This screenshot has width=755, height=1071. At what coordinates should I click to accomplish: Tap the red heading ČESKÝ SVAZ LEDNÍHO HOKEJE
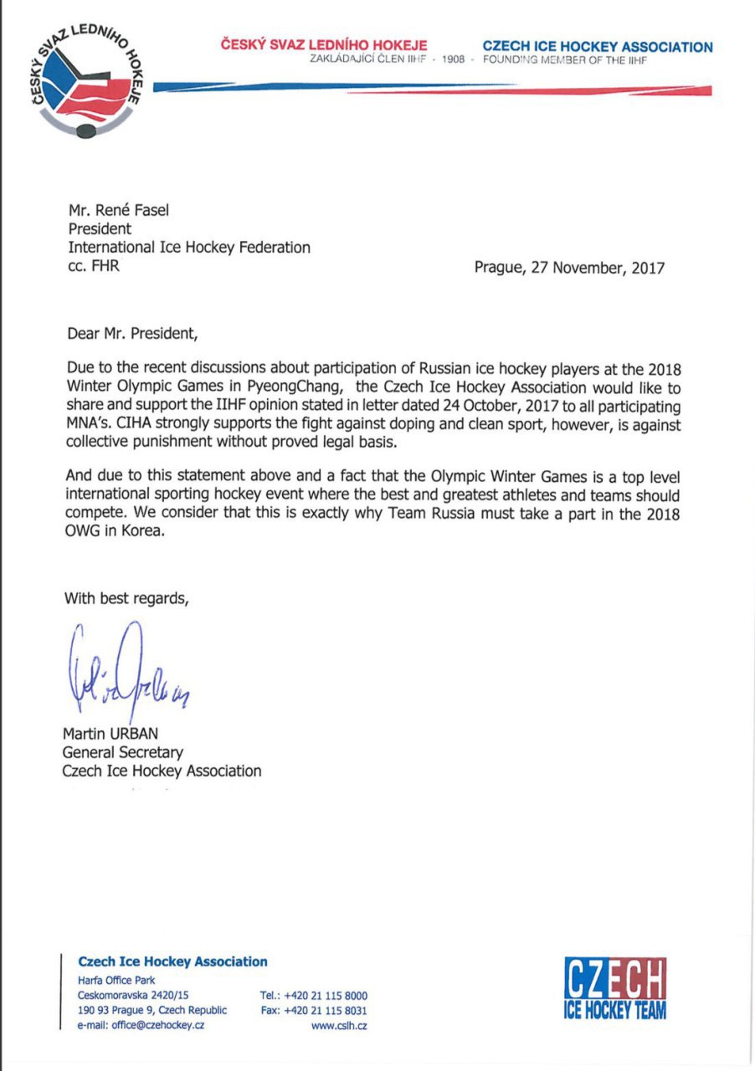tap(324, 45)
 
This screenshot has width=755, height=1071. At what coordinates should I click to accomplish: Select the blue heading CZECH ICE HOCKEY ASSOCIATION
tap(598, 47)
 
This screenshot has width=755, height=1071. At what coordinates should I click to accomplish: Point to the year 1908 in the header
tap(452, 60)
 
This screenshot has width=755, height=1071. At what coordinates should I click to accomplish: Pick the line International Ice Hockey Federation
tap(189, 248)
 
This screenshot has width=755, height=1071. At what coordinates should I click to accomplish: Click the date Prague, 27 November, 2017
tap(569, 268)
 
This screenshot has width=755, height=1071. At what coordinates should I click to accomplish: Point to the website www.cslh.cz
tap(339, 1026)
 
